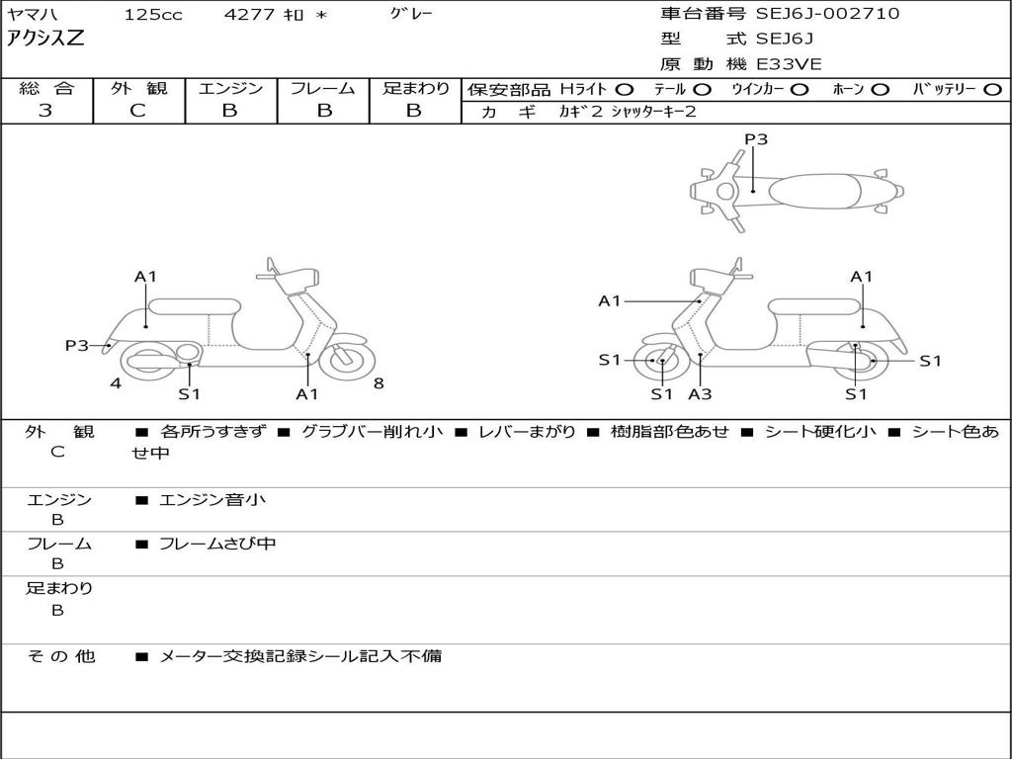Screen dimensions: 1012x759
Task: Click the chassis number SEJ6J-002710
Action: coord(827,14)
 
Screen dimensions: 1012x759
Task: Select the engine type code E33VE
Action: coord(789,64)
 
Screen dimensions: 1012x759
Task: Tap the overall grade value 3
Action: coord(45,111)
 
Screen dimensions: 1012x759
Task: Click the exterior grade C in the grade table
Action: coord(137,111)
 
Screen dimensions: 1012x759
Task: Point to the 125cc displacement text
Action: coord(153,14)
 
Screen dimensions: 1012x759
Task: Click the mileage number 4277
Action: coord(249,14)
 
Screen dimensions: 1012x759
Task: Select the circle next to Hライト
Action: coord(625,90)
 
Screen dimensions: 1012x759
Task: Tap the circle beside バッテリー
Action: coord(992,90)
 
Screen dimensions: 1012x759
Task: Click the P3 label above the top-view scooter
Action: coord(756,138)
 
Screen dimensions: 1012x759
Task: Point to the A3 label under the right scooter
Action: coord(700,393)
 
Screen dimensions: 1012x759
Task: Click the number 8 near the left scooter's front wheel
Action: coord(379,383)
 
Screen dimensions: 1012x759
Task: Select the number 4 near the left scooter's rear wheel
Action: coord(116,383)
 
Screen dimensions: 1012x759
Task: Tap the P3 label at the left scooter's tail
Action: coord(77,345)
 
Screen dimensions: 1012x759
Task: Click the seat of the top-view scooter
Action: coord(814,191)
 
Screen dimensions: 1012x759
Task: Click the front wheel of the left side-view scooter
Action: coord(347,360)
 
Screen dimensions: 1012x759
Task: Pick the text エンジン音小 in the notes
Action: coord(211,499)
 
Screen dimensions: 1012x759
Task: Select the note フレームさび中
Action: coord(217,544)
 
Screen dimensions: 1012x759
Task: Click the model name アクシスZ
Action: coord(45,39)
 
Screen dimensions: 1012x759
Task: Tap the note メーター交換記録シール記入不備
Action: coord(300,656)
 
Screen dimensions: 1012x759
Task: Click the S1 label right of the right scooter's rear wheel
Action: coord(930,361)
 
